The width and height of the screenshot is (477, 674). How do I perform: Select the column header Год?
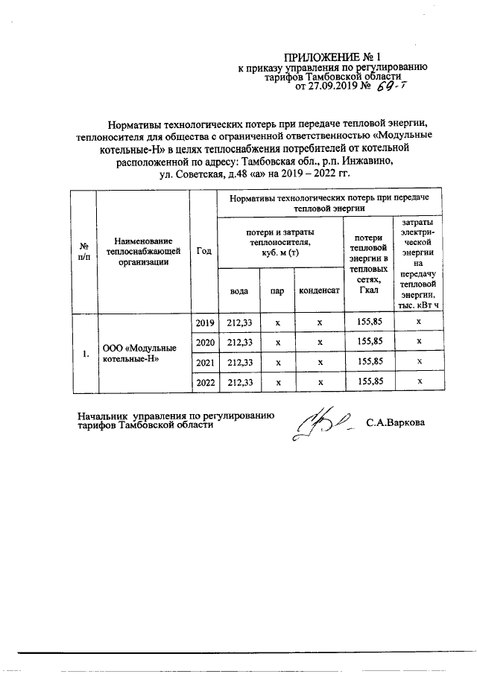[x=203, y=251]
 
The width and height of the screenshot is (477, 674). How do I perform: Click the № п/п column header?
[x=84, y=251]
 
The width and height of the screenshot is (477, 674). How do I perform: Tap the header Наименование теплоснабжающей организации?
[x=144, y=251]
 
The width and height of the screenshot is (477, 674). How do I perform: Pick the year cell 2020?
[x=204, y=342]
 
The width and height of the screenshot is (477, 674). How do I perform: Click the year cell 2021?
[x=204, y=361]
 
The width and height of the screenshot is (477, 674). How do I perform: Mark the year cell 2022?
[x=204, y=381]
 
